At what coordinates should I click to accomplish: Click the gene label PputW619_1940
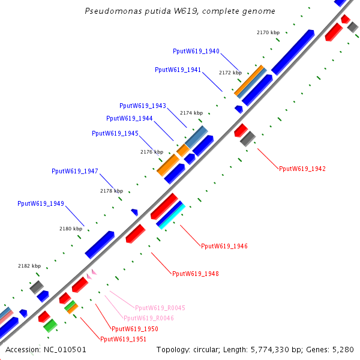tap(196, 52)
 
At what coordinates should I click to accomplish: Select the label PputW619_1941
tap(178, 70)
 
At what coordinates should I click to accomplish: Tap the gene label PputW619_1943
tap(143, 106)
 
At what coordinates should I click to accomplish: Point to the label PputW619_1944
tap(130, 118)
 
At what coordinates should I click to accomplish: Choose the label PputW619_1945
tap(115, 133)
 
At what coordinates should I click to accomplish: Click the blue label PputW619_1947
tap(75, 171)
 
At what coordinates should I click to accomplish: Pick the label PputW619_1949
tap(41, 204)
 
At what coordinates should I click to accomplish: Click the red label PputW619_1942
tap(302, 169)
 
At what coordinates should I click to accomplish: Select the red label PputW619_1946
tap(224, 246)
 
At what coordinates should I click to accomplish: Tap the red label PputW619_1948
tap(196, 274)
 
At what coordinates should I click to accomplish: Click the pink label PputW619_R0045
tap(160, 308)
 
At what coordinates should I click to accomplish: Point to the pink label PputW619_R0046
tap(149, 318)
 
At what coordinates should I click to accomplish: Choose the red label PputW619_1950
tap(135, 329)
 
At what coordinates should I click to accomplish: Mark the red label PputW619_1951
tap(123, 339)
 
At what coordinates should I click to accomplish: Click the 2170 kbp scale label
tap(268, 32)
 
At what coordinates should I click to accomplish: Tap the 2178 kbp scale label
tap(111, 191)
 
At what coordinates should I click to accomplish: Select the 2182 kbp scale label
tap(29, 266)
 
